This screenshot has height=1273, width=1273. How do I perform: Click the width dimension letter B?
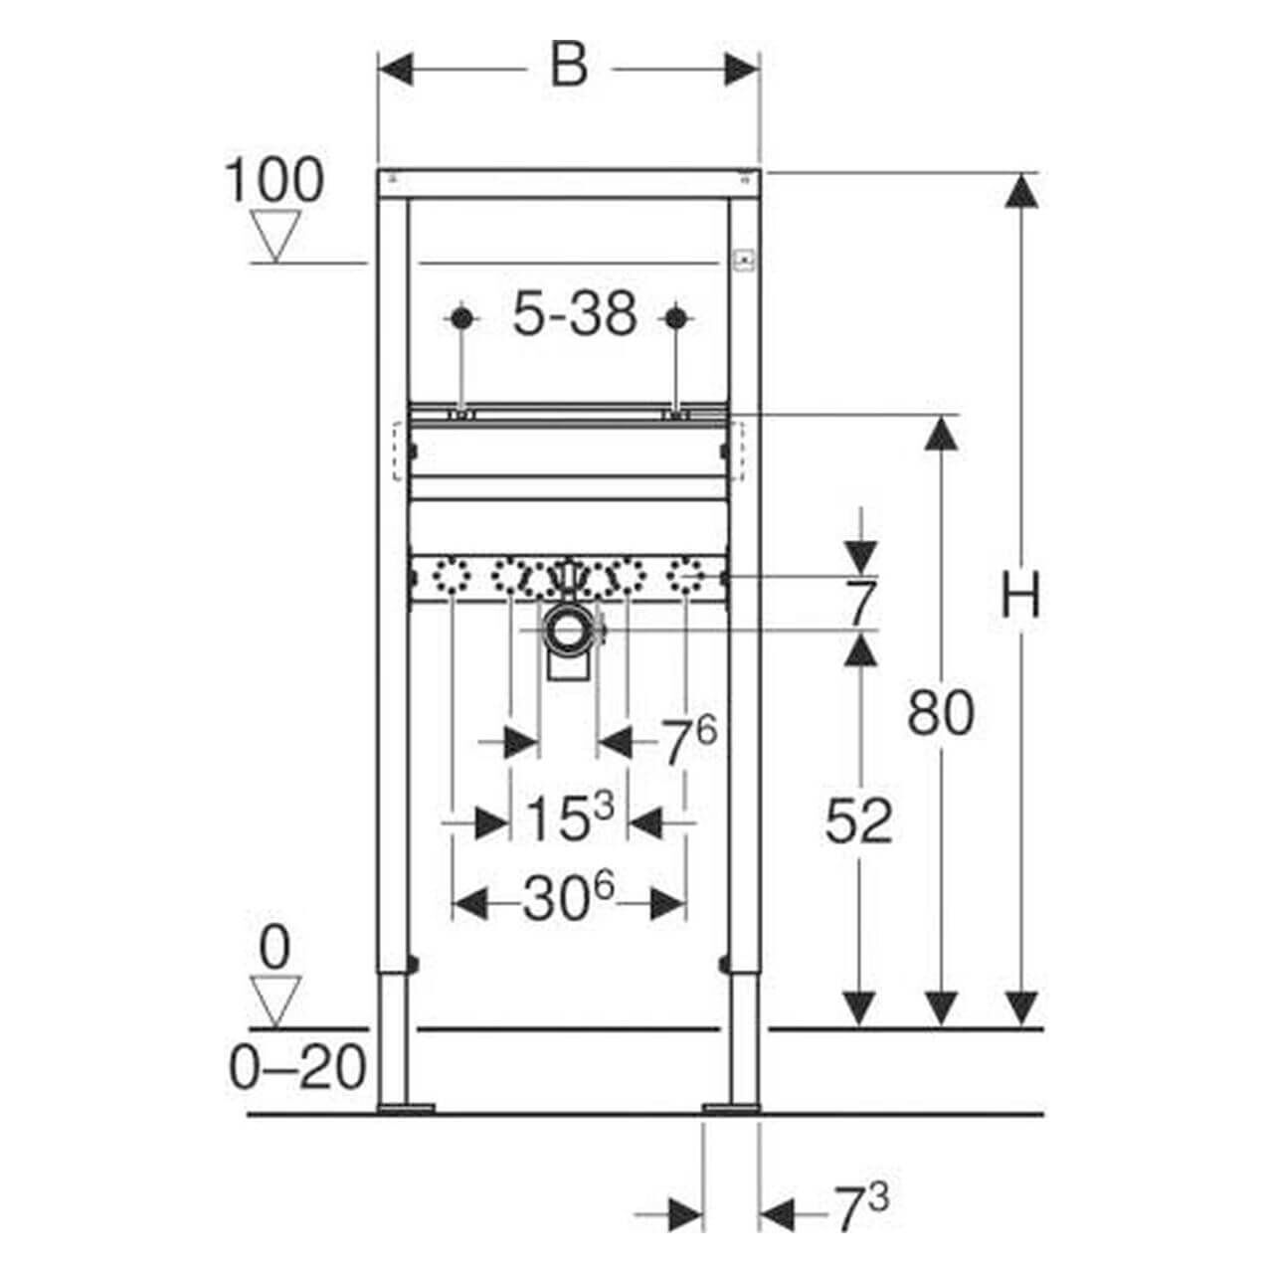(569, 68)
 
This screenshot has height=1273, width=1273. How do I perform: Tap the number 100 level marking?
(274, 181)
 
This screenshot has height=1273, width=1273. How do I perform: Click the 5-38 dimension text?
(575, 316)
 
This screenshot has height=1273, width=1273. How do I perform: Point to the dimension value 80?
(940, 712)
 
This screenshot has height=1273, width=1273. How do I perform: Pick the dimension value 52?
(859, 821)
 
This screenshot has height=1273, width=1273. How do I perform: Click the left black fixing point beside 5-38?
(460, 318)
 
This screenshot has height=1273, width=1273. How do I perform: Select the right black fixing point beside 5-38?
(676, 318)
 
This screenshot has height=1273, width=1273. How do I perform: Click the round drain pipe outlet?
(570, 630)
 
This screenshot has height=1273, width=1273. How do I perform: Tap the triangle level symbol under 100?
(275, 235)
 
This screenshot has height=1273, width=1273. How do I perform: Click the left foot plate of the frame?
(406, 1107)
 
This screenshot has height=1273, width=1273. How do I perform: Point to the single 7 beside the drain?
(861, 603)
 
